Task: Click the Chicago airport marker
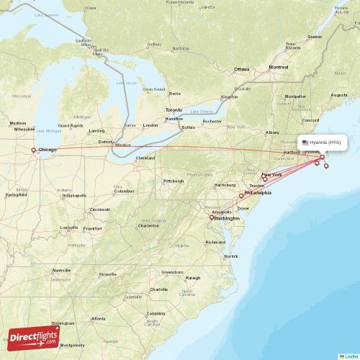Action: [33, 150]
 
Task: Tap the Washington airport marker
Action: [212, 217]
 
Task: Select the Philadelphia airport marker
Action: [242, 195]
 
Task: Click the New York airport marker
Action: [265, 178]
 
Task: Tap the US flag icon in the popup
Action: [305, 143]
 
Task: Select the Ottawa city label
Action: [241, 69]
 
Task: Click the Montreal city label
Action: [278, 67]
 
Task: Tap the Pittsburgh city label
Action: [174, 181]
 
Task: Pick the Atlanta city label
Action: [97, 318]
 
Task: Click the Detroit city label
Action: [107, 141]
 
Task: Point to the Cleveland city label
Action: [145, 158]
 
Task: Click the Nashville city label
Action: [61, 271]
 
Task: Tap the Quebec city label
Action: [315, 36]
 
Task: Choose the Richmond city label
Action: [215, 242]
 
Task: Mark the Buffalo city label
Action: [188, 127]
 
